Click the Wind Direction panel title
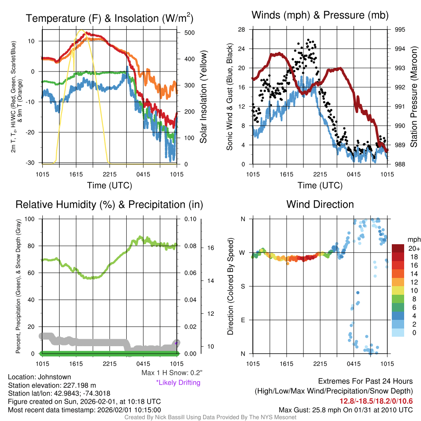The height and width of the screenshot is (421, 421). pos(320,204)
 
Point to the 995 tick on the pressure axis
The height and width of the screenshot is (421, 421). pos(400,30)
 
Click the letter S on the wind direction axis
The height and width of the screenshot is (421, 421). pos(243,286)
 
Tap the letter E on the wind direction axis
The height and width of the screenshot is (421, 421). pos(243,320)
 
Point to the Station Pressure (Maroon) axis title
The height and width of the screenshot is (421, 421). pos(414,97)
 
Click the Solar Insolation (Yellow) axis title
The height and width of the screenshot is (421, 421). pos(203,97)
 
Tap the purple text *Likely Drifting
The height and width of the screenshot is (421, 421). pos(178,382)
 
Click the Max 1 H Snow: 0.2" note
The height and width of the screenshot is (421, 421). pos(171,373)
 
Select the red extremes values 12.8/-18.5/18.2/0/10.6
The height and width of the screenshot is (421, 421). pos(376,401)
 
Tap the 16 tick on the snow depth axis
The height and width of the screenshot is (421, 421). pos(209,248)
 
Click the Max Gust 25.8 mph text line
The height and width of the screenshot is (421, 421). pos(345,409)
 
